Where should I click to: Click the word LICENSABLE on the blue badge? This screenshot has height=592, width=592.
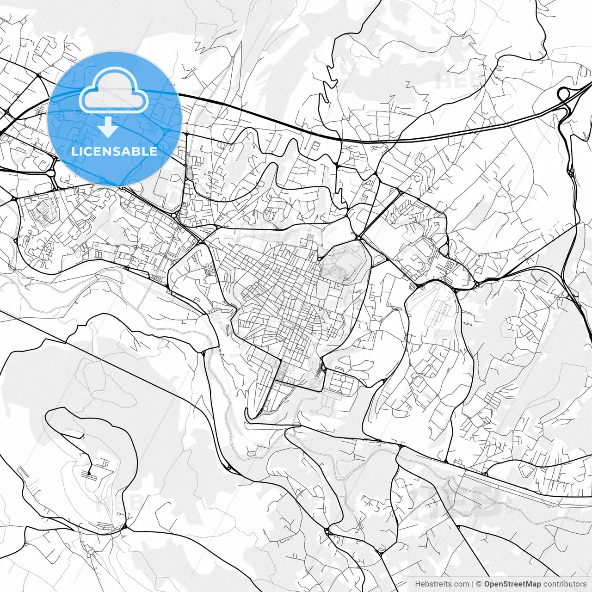click(114, 151)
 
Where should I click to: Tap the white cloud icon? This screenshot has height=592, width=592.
click(114, 90)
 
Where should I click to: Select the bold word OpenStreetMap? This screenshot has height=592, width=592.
click(512, 584)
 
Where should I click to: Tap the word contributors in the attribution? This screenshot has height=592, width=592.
click(564, 584)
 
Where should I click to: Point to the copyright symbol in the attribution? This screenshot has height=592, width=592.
click(479, 584)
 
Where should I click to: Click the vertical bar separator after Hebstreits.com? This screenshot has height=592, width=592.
click(473, 584)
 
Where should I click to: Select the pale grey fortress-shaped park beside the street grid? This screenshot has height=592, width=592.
click(343, 264)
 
